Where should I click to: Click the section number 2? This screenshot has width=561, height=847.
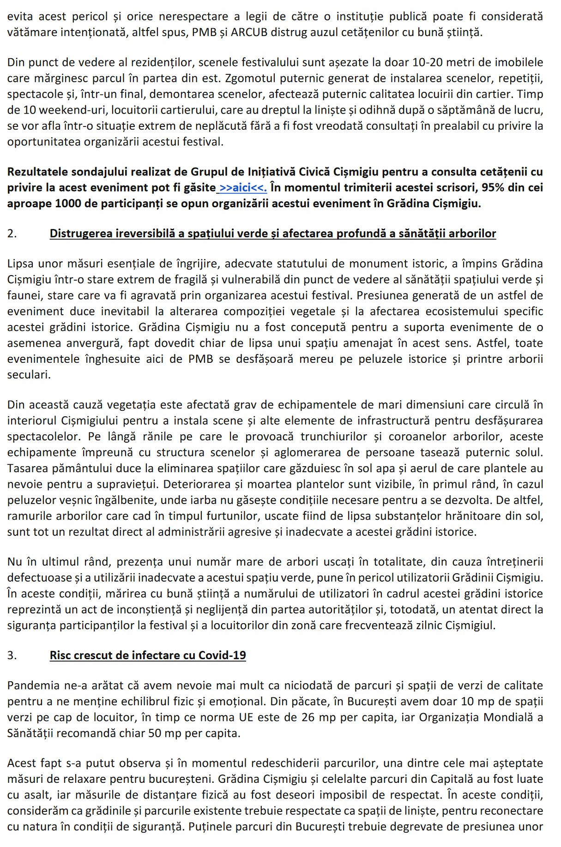[x=12, y=234]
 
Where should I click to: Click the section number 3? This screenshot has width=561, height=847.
[x=12, y=655]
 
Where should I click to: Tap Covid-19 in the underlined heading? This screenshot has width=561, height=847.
[x=222, y=655]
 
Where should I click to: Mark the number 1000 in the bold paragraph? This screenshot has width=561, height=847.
[x=67, y=204]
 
